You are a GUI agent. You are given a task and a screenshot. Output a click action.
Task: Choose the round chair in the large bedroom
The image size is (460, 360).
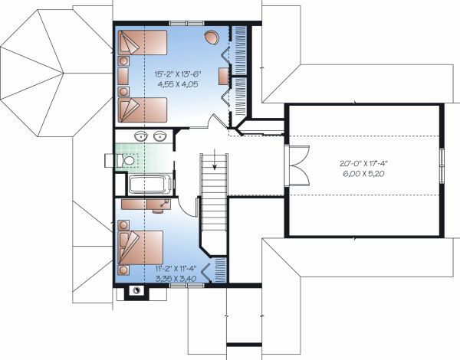tap(211, 37)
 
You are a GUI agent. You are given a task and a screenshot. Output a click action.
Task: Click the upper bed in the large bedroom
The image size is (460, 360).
tap(143, 44)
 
